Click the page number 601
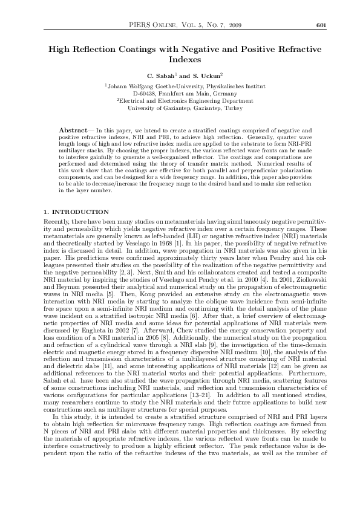[x=321, y=25]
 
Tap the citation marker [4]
[x=256, y=272]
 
